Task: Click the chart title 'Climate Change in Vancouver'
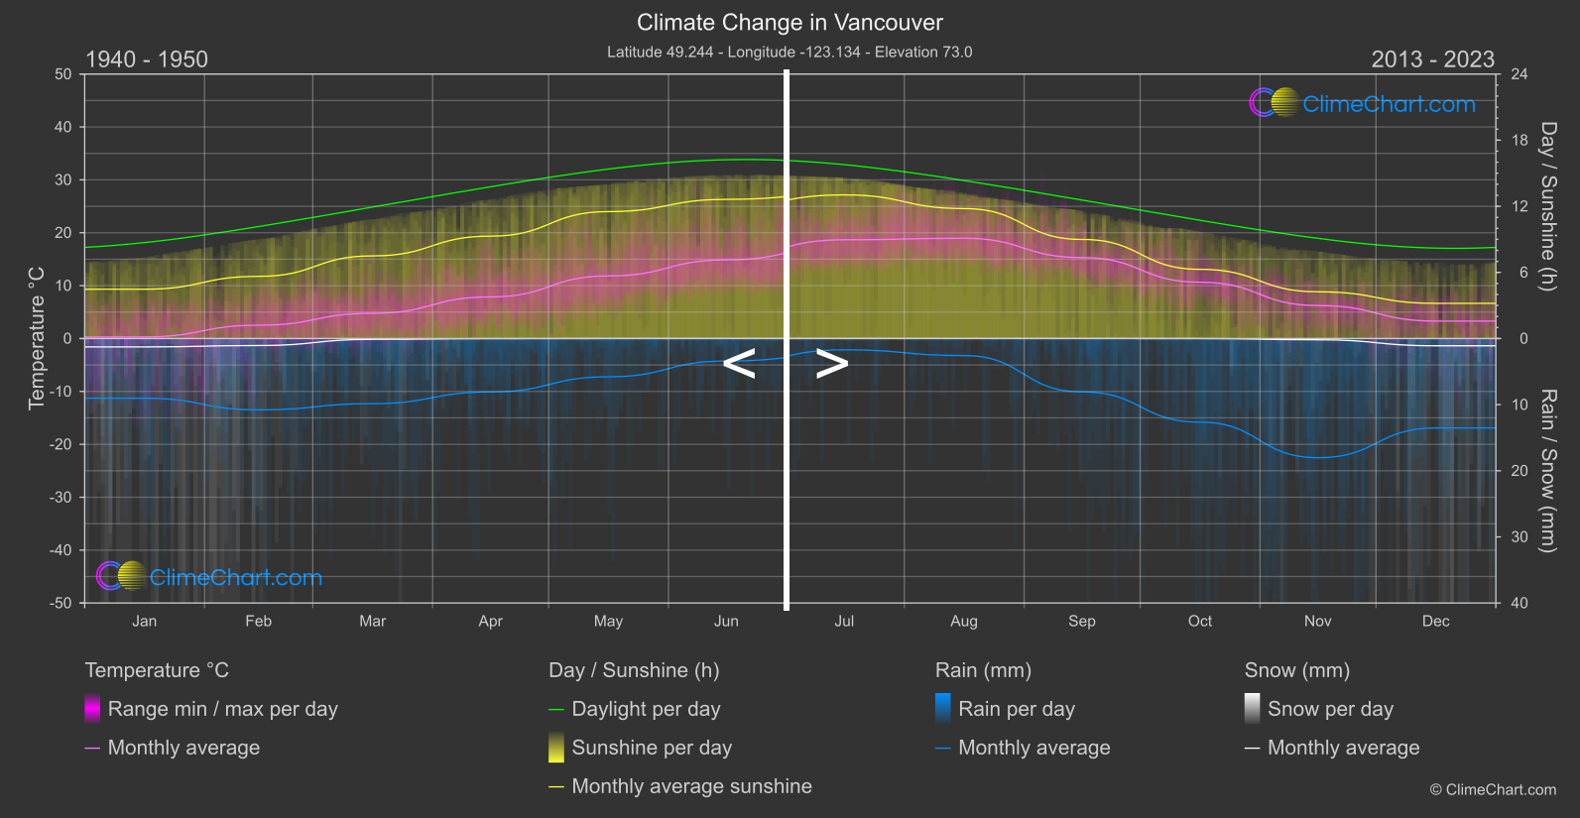(x=790, y=23)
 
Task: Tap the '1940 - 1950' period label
(x=147, y=59)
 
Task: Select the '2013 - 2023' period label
(x=1432, y=59)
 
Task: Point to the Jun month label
(x=726, y=622)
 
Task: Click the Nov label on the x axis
(x=1317, y=622)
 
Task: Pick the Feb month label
(x=258, y=622)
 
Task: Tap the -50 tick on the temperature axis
(x=61, y=603)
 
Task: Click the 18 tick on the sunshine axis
(x=1519, y=141)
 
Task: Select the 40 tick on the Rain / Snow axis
(x=1519, y=603)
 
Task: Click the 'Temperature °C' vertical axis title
(x=37, y=338)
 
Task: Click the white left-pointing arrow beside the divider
(x=739, y=364)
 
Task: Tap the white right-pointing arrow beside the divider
(x=832, y=364)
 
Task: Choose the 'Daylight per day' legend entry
(x=646, y=709)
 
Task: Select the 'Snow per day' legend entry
(x=1330, y=709)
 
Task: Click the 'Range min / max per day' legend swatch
(x=92, y=709)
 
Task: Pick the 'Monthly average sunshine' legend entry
(x=691, y=786)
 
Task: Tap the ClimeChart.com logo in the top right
(x=1363, y=103)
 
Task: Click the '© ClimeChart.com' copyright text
(x=1493, y=790)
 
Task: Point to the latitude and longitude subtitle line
(x=790, y=53)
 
